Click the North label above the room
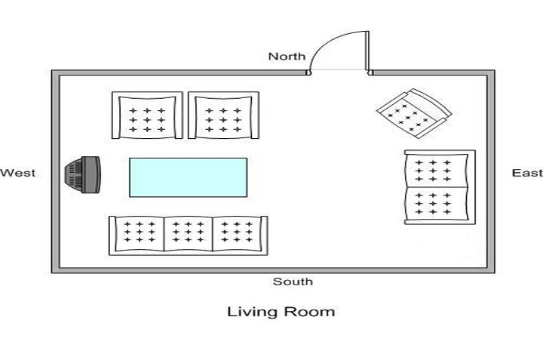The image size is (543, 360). coord(287,56)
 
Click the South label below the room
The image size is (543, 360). coord(293,282)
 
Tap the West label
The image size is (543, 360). coord(18,173)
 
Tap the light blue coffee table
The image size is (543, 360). coord(189,177)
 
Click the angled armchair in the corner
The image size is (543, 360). coord(413,113)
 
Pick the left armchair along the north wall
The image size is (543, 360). coord(148,116)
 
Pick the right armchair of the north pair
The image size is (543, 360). coord(223,116)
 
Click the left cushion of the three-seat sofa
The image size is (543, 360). coord(138,232)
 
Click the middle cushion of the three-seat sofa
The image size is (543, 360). coord(189,232)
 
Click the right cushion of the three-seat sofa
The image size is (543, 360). coord(238,232)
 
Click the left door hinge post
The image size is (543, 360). coord(309,73)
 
